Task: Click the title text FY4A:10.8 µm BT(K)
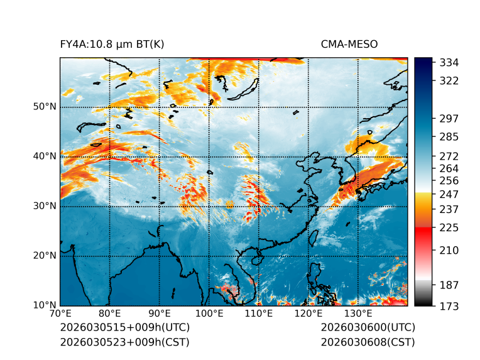pos(112,44)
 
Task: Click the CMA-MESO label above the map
pos(349,44)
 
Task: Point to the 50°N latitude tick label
pos(45,107)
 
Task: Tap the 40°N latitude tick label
pos(45,156)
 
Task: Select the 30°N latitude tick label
pos(45,206)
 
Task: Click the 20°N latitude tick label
pos(45,256)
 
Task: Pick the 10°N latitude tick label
pos(45,305)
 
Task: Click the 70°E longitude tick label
pos(60,314)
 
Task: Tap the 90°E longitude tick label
pos(160,314)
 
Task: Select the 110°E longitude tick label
pos(259,314)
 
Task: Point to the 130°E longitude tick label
pos(358,314)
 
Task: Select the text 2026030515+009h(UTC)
pos(124,327)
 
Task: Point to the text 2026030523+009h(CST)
pos(124,342)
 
